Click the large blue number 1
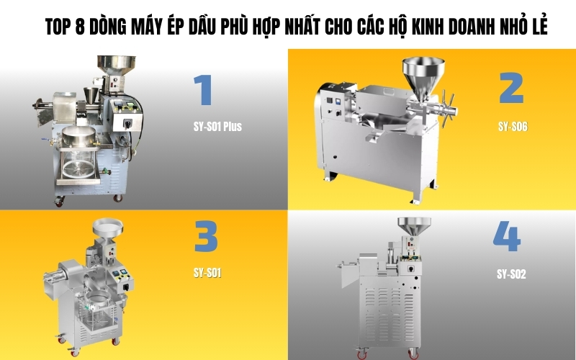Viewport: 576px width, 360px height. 202,91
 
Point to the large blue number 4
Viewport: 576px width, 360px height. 506,235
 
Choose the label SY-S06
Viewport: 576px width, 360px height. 513,127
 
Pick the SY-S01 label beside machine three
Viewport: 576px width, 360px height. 207,273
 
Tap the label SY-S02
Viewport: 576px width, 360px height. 511,274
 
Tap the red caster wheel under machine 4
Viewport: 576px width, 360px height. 413,353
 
